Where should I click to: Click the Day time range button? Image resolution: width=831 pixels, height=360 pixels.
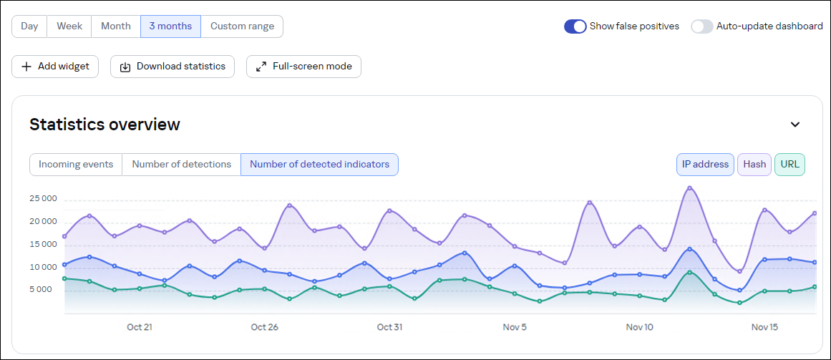point(29,26)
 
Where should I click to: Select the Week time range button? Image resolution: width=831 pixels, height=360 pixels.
point(69,26)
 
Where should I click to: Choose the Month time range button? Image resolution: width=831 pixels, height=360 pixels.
point(116,26)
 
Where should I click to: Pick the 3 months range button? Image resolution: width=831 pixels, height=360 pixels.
point(170,26)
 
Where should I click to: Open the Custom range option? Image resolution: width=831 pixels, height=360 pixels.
point(242,26)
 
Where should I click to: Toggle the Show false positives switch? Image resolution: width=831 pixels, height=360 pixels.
point(575,26)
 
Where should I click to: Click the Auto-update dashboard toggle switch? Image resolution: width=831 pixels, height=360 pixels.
point(702,26)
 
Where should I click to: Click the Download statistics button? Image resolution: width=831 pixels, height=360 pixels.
point(172,67)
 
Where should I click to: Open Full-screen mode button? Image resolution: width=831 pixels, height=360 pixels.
point(304,67)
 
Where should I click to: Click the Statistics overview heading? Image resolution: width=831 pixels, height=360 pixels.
point(105,125)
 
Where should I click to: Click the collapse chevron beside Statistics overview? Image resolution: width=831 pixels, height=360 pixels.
point(794,125)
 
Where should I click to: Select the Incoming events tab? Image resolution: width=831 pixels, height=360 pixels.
point(76,165)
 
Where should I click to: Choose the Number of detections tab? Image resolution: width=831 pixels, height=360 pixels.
point(182,165)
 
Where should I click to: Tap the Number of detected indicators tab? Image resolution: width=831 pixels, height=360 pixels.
point(319,165)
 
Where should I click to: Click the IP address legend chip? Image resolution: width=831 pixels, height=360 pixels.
point(705,165)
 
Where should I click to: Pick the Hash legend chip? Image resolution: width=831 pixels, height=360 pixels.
point(754,165)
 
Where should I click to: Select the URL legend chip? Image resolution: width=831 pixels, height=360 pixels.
point(790,165)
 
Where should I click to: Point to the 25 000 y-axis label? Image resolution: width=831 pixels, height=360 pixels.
point(43,199)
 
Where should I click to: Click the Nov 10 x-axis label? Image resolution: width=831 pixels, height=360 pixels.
point(639,327)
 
